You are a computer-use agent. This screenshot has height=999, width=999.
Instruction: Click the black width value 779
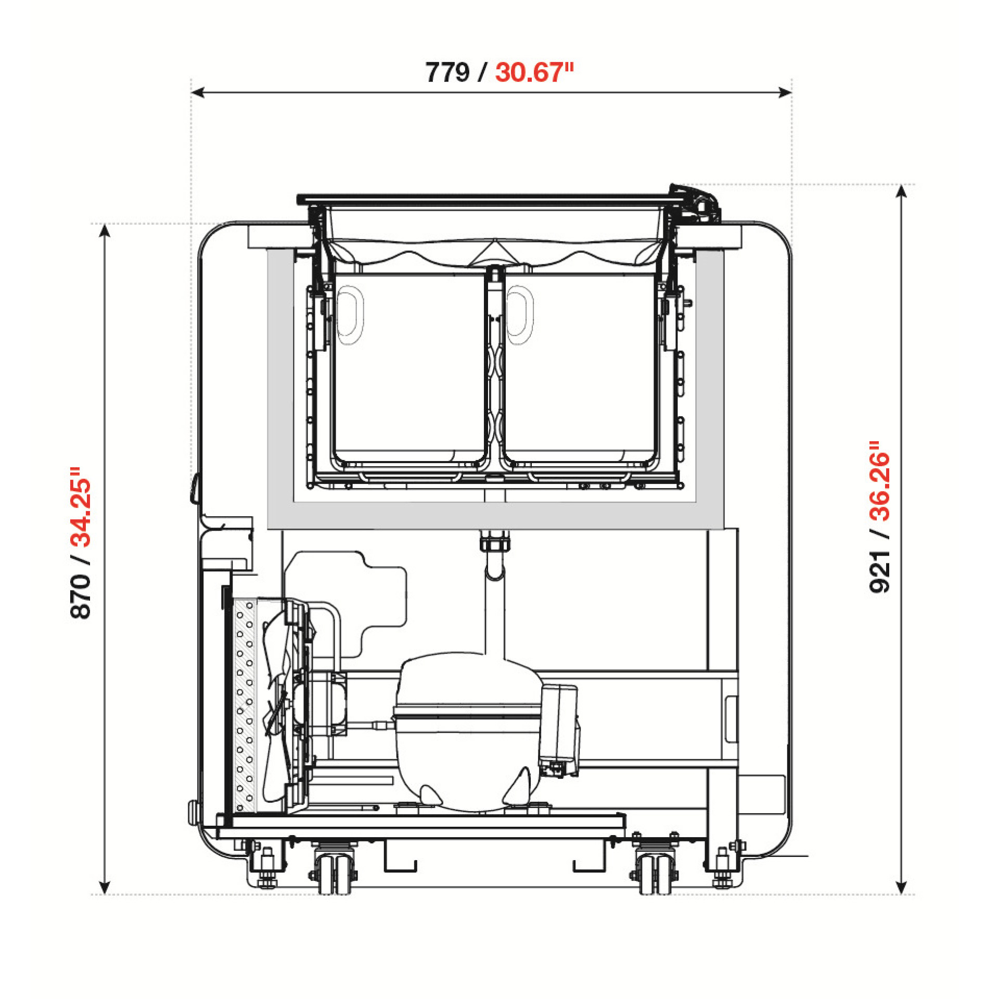(x=447, y=72)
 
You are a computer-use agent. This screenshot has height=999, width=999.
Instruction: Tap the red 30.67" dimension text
(x=534, y=72)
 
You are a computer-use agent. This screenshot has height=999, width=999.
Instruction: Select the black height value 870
(x=81, y=596)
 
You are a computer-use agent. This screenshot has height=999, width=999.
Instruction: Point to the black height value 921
(x=880, y=571)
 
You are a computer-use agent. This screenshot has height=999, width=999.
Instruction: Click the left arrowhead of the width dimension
(x=198, y=93)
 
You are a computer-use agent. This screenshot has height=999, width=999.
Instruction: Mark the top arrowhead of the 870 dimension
(x=105, y=230)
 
